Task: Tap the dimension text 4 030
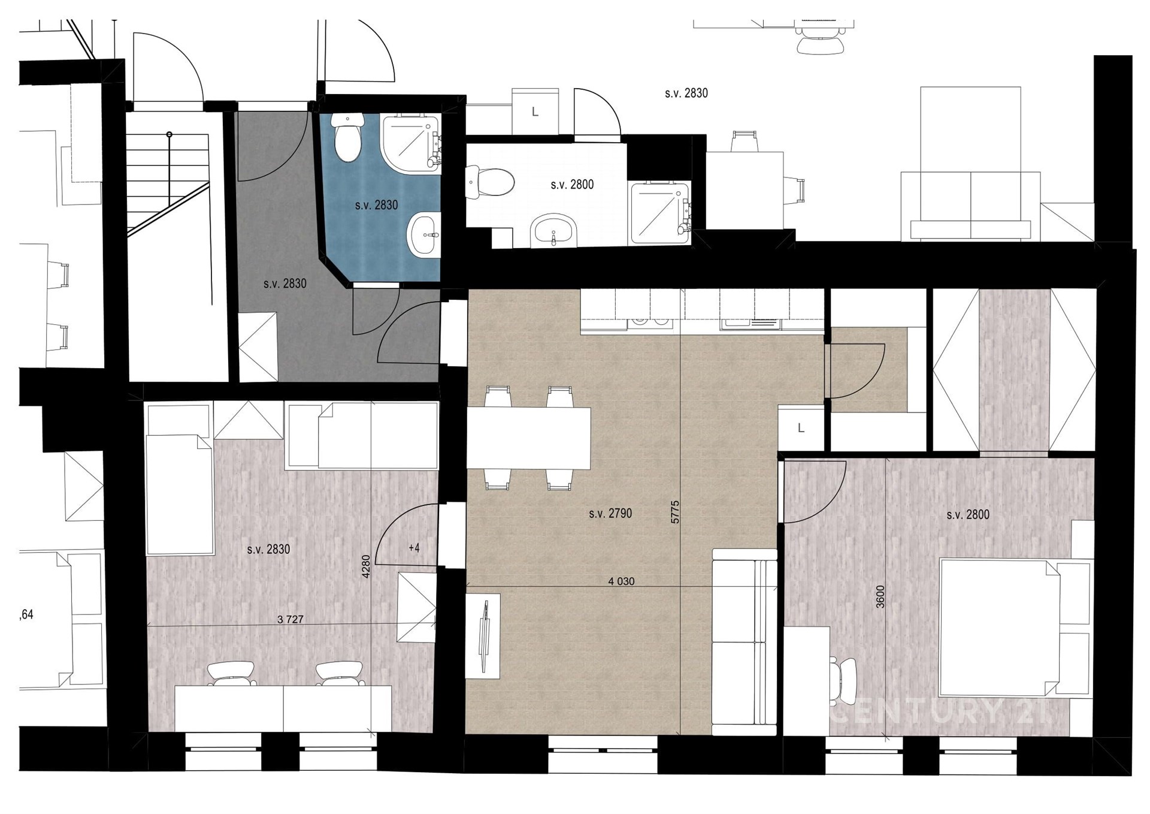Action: (x=621, y=581)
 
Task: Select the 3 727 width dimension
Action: (x=290, y=620)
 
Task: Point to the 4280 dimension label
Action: (x=367, y=566)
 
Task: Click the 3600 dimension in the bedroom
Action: (x=880, y=596)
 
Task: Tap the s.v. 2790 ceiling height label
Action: (x=610, y=514)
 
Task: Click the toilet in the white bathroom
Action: (x=490, y=182)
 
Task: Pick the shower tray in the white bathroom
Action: (x=659, y=212)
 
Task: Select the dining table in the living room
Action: (x=528, y=438)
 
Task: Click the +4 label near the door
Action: (x=414, y=548)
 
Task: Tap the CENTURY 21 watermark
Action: (x=939, y=713)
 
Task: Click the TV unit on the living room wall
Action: (x=483, y=636)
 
